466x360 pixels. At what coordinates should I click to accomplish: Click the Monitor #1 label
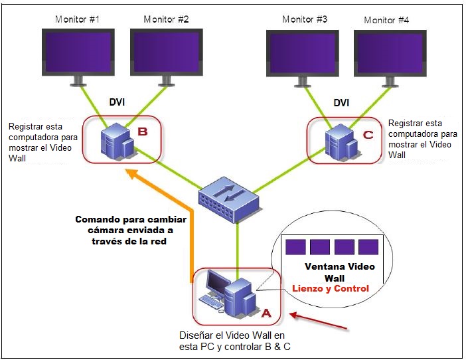coord(77,19)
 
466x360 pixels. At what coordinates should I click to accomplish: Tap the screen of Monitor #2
coord(167,52)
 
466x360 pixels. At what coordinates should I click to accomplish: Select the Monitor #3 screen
coord(303,53)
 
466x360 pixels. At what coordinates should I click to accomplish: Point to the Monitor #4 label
coord(386,20)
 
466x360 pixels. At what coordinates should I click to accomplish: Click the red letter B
coord(143,132)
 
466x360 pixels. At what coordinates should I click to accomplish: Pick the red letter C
coord(368,135)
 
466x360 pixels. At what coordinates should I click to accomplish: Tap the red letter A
coord(266,313)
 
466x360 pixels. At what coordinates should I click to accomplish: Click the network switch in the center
coord(229,200)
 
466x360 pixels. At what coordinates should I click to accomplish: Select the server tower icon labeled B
coord(117,141)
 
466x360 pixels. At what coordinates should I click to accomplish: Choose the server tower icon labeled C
coord(341,142)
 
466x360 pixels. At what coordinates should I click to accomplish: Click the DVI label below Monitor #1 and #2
coord(117,102)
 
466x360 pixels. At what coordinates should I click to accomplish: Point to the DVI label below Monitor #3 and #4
coord(341,103)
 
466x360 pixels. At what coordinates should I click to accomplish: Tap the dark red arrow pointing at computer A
coord(318,321)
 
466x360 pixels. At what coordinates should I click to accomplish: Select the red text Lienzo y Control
coord(330,288)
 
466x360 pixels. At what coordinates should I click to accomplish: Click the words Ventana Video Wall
coord(339,272)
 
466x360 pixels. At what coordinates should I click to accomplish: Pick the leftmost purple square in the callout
coord(295,247)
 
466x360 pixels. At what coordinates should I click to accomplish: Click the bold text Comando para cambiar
coord(131,220)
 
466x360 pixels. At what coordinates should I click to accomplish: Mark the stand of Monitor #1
coord(78,81)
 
